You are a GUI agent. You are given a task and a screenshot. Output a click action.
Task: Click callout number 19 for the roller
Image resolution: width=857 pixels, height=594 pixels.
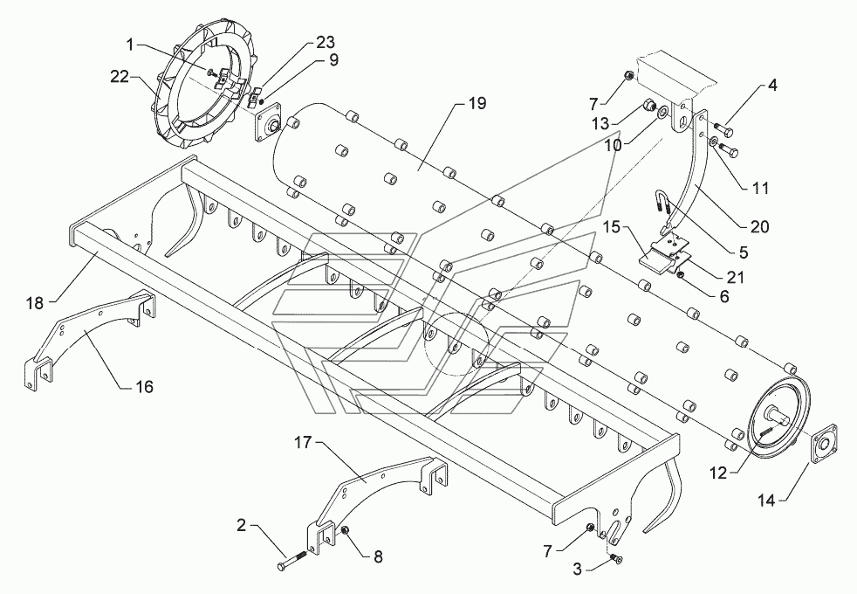(x=477, y=103)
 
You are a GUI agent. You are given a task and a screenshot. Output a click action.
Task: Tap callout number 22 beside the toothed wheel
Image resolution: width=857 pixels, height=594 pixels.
(x=120, y=77)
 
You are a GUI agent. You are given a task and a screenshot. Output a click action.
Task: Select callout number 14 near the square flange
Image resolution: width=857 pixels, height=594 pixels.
(x=766, y=500)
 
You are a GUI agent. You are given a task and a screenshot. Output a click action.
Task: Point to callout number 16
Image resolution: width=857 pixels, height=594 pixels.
(x=144, y=387)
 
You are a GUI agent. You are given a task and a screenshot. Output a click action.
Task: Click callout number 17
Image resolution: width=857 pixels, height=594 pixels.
(x=305, y=442)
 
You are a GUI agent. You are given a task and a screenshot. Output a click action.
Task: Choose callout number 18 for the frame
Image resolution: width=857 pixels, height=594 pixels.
(x=34, y=302)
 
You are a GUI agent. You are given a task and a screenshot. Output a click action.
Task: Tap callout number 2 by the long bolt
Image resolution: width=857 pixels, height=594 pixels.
(x=242, y=526)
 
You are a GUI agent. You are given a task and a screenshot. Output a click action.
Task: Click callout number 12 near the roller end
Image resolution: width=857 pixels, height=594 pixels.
(x=718, y=473)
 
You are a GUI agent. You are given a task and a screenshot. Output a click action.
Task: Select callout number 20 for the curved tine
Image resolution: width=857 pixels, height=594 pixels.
(x=759, y=226)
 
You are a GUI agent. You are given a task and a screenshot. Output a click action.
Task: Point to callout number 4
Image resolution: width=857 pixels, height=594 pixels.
(x=771, y=86)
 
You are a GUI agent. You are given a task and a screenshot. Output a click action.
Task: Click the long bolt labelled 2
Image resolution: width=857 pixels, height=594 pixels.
(x=291, y=556)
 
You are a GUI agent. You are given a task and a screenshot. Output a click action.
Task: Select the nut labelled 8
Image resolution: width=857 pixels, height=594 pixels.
(x=346, y=530)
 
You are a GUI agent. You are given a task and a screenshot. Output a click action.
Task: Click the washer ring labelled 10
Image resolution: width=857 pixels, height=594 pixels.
(x=662, y=113)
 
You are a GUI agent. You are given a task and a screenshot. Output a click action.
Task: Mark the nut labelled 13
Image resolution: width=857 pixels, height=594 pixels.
(x=648, y=105)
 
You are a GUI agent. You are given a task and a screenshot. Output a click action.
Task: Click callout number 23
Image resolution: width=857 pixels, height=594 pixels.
(x=324, y=42)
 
